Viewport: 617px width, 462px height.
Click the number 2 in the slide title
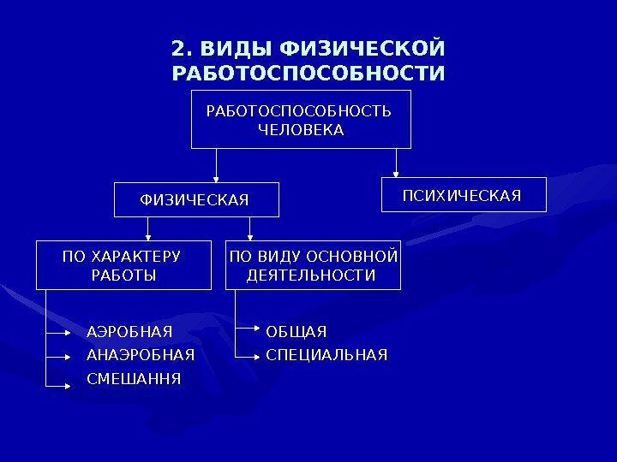click(x=177, y=47)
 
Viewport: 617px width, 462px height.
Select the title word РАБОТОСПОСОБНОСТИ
click(x=308, y=74)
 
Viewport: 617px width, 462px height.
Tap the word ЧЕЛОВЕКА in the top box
click(x=301, y=130)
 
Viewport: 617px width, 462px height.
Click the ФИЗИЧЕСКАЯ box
click(x=198, y=199)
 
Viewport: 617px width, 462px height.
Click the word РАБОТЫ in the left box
click(x=123, y=275)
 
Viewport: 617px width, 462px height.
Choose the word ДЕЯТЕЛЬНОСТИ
click(x=311, y=275)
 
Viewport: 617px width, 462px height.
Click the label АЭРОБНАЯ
click(x=129, y=331)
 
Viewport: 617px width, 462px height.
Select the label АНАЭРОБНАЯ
click(x=141, y=354)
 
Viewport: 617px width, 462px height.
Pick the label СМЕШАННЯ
click(x=134, y=377)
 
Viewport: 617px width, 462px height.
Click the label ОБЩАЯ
click(x=297, y=331)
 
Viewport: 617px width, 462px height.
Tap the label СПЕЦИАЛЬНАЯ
click(x=326, y=354)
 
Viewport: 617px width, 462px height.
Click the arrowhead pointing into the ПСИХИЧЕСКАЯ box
click(x=396, y=175)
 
